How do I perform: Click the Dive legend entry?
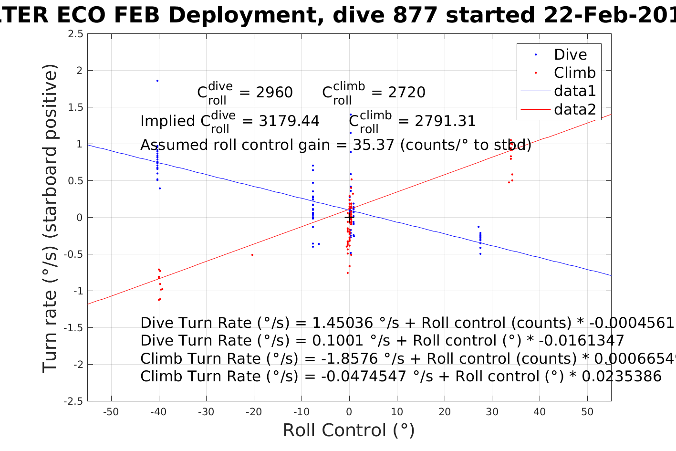coord(570,55)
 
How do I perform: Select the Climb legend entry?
coord(574,73)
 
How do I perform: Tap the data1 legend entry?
coord(574,91)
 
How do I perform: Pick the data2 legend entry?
coord(574,110)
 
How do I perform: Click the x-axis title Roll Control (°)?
coord(349,430)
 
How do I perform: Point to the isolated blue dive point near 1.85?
coord(157,81)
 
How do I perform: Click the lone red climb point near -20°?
coord(252,255)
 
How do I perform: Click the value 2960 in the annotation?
coord(274,93)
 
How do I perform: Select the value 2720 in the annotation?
coord(406,93)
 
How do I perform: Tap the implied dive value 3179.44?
coord(289,121)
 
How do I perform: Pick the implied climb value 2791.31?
coord(445,121)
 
